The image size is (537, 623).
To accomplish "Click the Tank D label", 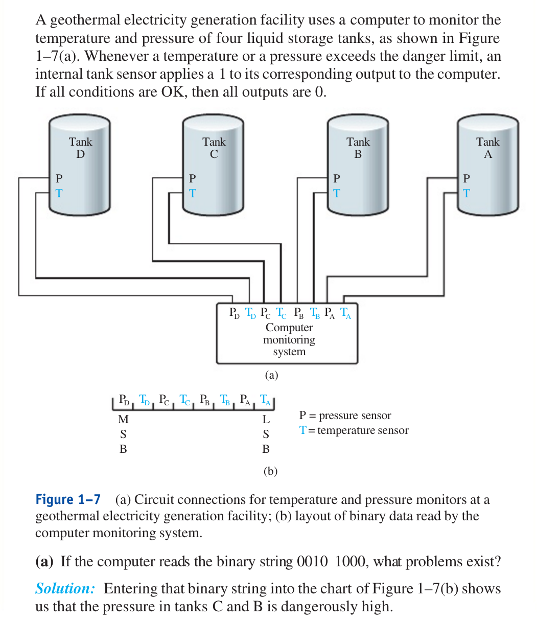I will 80,148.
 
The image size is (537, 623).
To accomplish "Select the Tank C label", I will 214,148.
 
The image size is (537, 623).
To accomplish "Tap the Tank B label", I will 358,148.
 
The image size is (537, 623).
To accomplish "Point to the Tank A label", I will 488,148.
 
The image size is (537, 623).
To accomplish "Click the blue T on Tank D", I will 59,194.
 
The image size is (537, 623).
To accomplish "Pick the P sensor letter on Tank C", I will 192,178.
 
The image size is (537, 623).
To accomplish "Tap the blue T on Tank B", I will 336,194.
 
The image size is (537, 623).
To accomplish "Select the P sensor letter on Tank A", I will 465,178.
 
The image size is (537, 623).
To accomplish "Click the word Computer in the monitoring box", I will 289,328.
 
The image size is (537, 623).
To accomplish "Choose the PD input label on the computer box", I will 234,312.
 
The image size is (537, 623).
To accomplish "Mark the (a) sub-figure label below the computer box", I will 271,376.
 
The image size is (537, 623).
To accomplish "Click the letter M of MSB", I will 123,420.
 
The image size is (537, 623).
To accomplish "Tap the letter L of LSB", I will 266,420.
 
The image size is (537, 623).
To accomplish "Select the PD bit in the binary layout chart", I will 124,399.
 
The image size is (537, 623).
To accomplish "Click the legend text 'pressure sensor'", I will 355,416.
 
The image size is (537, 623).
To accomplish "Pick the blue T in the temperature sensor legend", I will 303,430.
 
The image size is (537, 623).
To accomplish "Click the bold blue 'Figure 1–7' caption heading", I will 68,499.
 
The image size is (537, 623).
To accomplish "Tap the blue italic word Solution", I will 65,589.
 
